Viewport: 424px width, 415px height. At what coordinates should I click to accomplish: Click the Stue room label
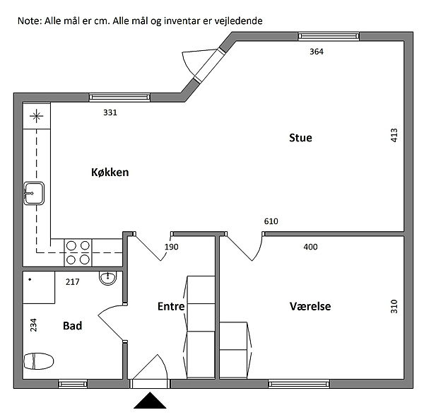tap(300, 138)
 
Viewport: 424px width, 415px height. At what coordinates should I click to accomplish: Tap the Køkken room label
tap(110, 173)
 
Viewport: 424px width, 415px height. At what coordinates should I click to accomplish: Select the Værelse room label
tap(310, 306)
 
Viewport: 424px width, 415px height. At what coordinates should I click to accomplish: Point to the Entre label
tap(171, 306)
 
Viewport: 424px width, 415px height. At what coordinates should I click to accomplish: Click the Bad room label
tap(73, 326)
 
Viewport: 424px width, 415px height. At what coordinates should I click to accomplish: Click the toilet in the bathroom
tap(39, 361)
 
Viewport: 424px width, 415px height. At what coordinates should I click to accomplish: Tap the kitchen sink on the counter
tap(34, 193)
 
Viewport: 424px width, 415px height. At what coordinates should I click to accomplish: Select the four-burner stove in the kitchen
tap(78, 252)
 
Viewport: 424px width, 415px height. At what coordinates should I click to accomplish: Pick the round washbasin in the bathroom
tap(108, 278)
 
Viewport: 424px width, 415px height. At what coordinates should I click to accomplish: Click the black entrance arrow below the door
tap(150, 400)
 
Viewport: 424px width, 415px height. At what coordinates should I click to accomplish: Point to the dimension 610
tap(271, 221)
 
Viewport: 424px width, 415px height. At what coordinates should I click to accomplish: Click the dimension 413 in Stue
tap(394, 135)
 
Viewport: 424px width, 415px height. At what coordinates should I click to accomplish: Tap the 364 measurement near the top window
tap(317, 52)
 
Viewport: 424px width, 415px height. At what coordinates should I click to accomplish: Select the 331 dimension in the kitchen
tap(110, 112)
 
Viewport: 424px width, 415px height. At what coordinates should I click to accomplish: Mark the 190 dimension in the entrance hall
tap(172, 247)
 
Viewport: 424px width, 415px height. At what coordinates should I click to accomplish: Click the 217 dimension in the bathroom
tap(73, 282)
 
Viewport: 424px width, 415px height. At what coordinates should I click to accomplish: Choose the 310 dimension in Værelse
tap(394, 306)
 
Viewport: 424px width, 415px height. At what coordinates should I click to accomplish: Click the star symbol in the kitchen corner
tap(37, 117)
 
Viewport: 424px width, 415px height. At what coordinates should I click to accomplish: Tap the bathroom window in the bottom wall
tap(73, 384)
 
